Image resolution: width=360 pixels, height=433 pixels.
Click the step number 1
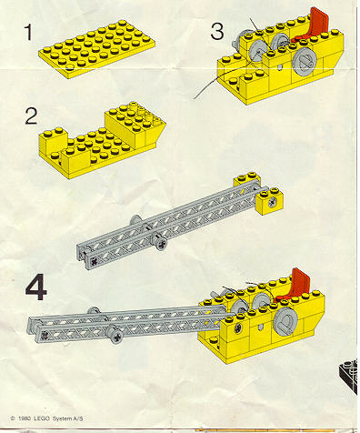coord(28,33)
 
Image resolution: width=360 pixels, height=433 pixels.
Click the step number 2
coord(31,116)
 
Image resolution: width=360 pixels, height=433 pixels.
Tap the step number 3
coord(217,32)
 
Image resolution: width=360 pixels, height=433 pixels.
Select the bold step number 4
coord(36,288)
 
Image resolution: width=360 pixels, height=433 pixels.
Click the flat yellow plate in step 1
coord(97,48)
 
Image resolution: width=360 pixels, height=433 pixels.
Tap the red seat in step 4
coord(295,285)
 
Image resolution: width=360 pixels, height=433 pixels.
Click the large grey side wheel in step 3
coord(305,61)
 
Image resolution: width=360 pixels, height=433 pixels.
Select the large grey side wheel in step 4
coord(285,321)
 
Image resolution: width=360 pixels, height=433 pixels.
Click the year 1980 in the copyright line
coord(25,419)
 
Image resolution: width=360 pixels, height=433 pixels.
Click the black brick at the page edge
coord(348,376)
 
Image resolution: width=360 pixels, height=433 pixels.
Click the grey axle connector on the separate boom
coord(160,242)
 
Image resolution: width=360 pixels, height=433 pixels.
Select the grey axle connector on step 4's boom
coord(116,335)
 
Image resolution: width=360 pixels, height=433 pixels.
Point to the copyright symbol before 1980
coord(13,419)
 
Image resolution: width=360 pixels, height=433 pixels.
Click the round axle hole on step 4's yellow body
coord(238,327)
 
